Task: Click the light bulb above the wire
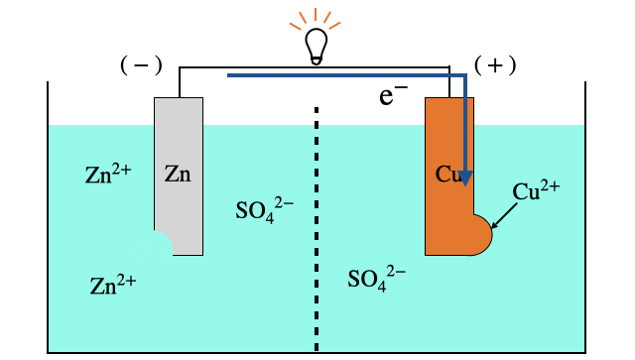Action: pos(316,46)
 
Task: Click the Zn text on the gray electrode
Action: pos(178,175)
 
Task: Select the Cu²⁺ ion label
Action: pos(537,191)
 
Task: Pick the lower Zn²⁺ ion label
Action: pos(112,286)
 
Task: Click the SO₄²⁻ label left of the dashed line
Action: pos(264,209)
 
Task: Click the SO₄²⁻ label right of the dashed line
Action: pos(376,276)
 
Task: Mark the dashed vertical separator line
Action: pos(317,228)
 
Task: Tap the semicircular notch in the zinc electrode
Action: pos(161,242)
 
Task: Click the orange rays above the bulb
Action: pos(316,17)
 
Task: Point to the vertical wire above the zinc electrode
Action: pos(179,82)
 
